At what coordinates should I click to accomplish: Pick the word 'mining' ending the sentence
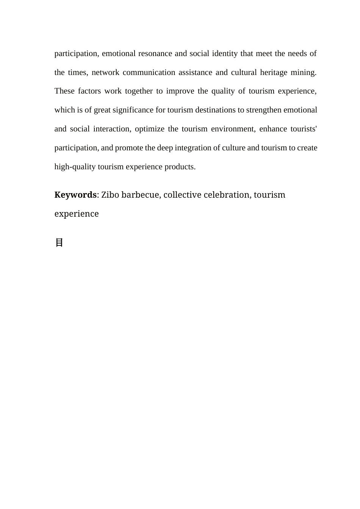(303, 72)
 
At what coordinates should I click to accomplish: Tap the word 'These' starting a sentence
(64, 91)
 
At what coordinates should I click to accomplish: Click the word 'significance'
(133, 110)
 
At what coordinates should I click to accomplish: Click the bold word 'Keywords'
(75, 195)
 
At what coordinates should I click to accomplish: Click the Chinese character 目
(59, 243)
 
